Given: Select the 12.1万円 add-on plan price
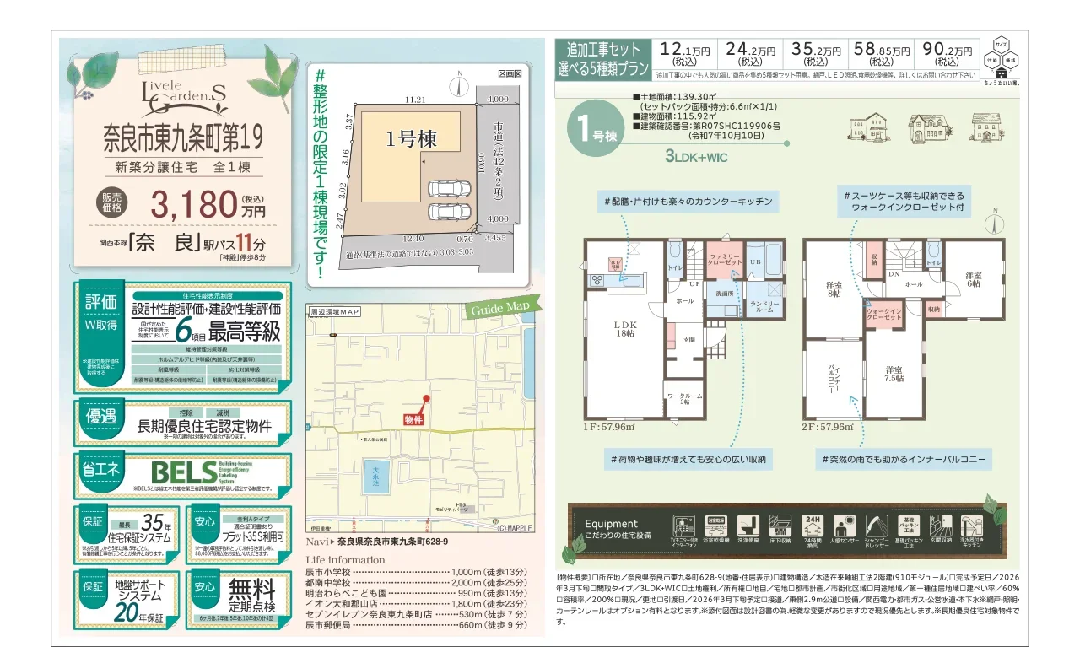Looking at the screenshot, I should (684, 54).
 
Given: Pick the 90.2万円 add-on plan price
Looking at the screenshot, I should (947, 54).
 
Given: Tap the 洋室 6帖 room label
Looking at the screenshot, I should (974, 280).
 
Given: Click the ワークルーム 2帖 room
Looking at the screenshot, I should (684, 399).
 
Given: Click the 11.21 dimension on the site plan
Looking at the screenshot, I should (414, 100).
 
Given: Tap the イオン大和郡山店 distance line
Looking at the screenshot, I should (413, 604).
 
